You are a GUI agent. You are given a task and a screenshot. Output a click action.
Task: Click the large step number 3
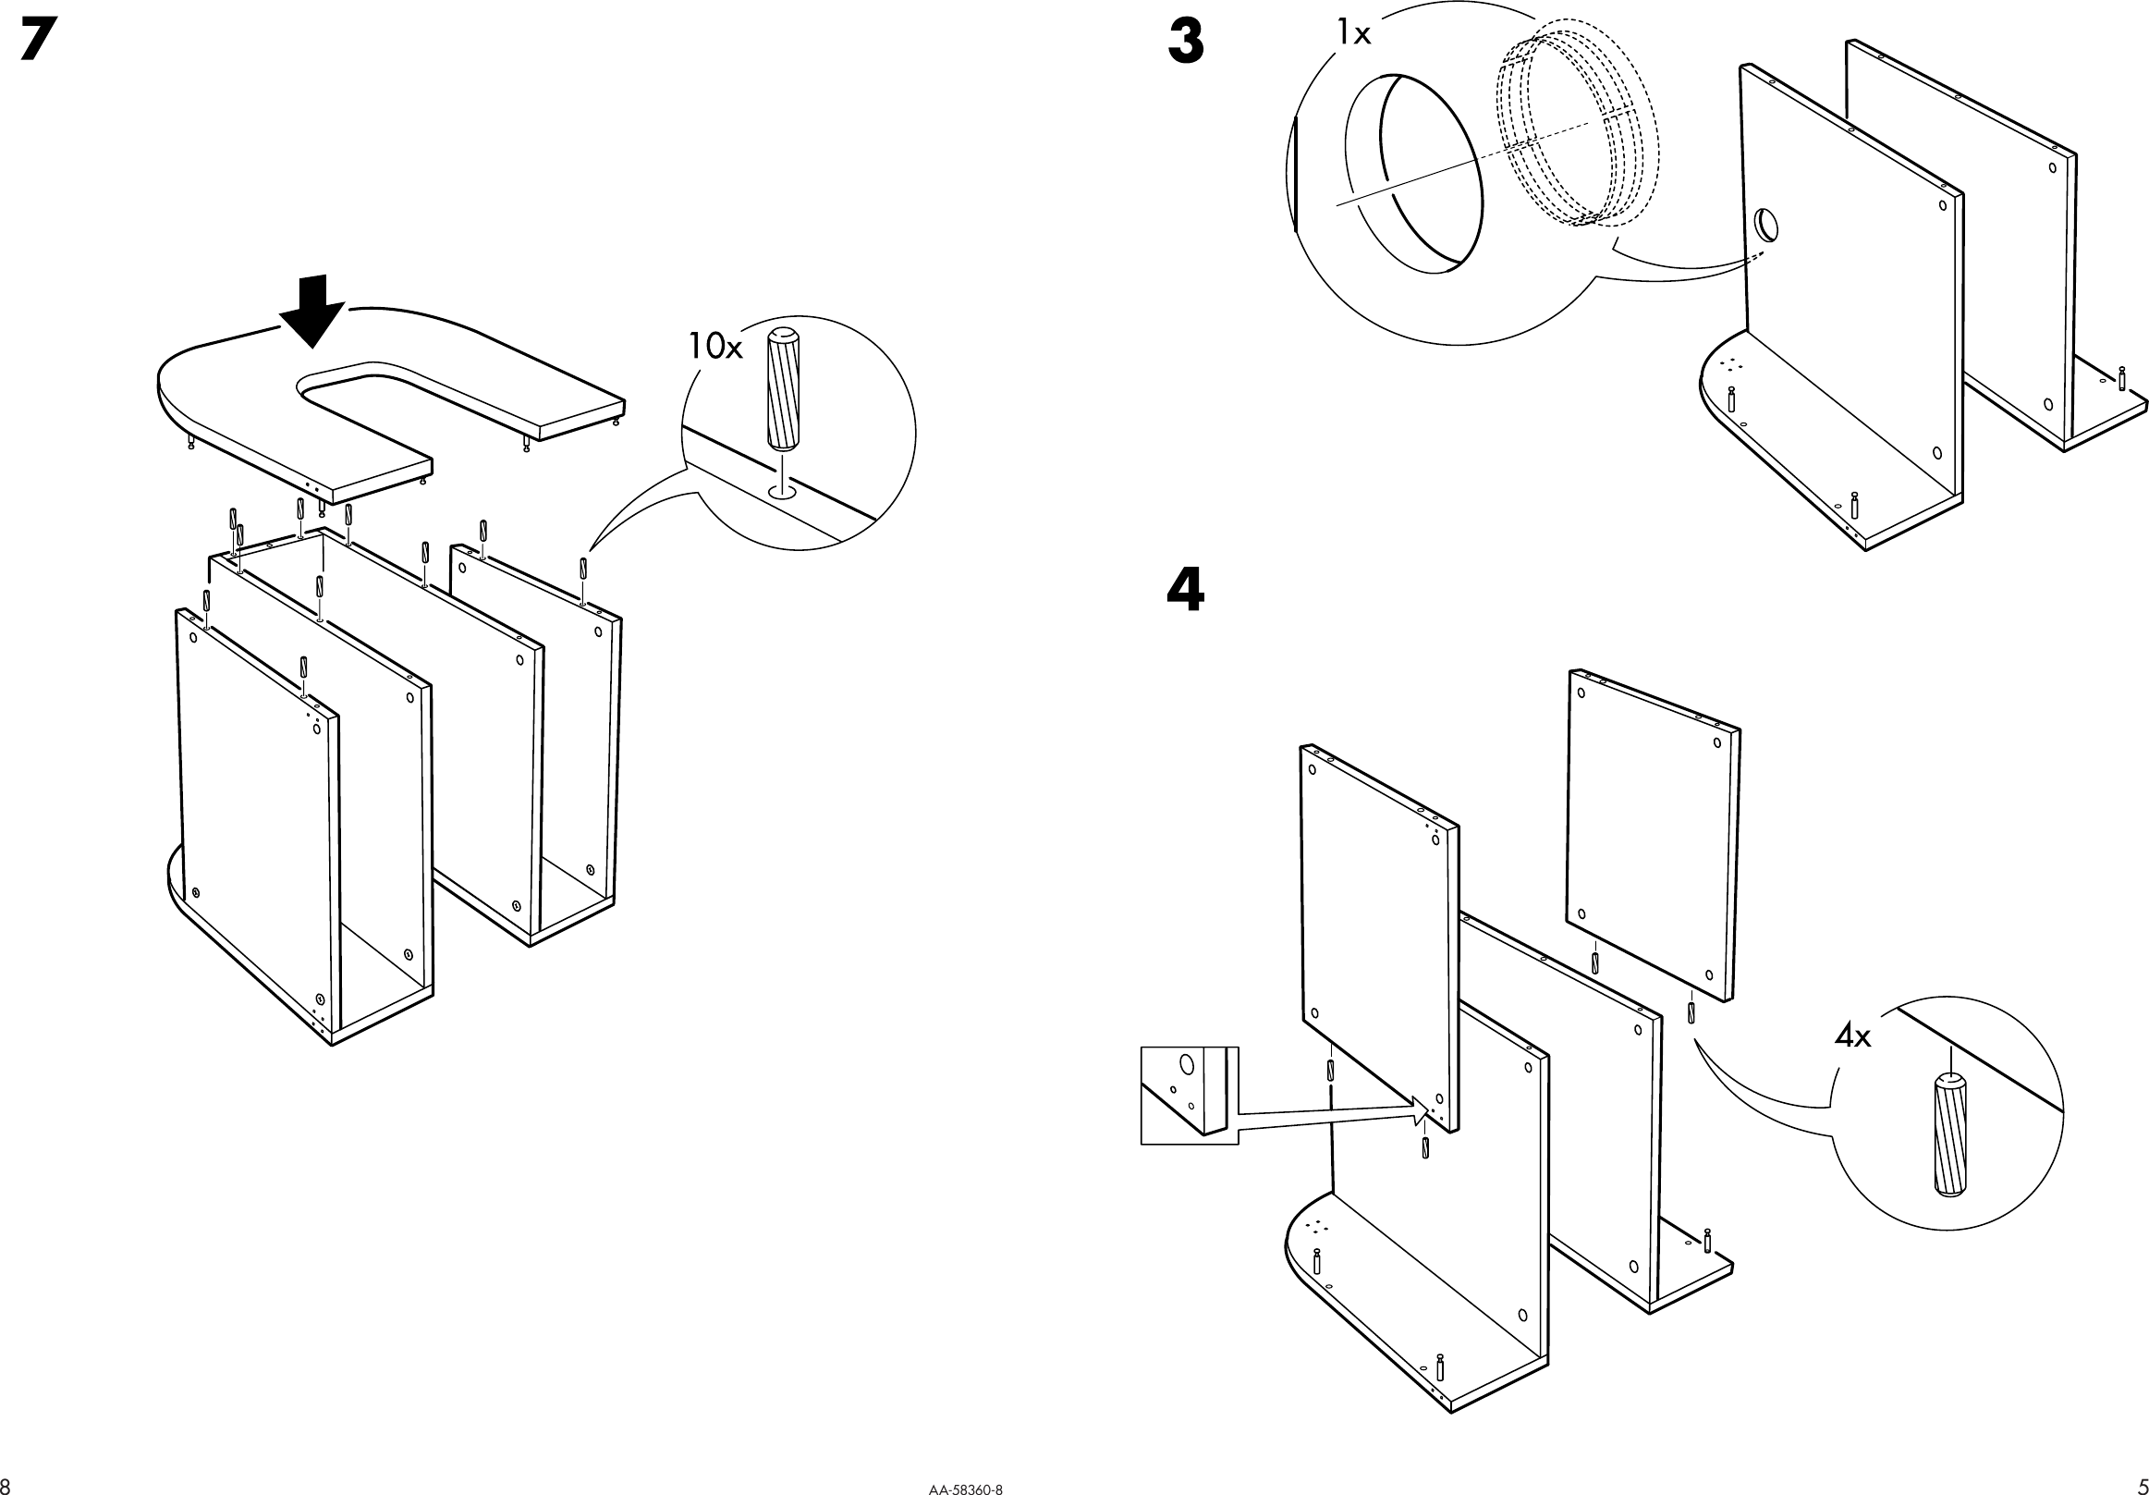coord(1186,44)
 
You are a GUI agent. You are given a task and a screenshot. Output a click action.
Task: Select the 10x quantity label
coord(715,348)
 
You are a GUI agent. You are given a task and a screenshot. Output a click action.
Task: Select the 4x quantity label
coord(1852,1036)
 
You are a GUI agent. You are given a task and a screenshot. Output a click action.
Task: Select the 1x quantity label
coord(1352,34)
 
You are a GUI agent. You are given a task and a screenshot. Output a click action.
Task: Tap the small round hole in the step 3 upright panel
coord(1765,225)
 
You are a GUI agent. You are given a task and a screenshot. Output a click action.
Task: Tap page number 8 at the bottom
coord(6,1487)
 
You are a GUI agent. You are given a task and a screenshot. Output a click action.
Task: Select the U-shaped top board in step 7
coord(234,402)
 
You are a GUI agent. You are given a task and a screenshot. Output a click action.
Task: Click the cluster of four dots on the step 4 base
coord(1317,1225)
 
